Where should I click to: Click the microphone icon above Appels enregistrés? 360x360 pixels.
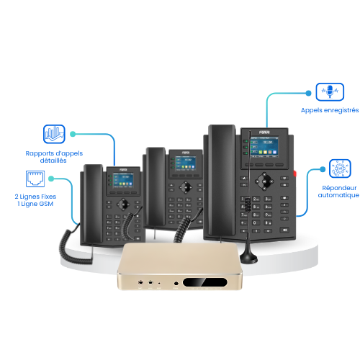click(x=330, y=92)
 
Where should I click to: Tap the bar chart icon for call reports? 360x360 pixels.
click(x=54, y=134)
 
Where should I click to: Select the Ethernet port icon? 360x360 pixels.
click(x=35, y=179)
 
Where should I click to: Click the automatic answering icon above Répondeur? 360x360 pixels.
click(x=340, y=168)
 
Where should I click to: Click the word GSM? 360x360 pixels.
click(x=45, y=204)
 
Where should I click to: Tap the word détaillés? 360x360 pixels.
click(x=53, y=161)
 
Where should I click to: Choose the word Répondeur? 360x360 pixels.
click(x=339, y=188)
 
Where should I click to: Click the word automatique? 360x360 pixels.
click(x=338, y=195)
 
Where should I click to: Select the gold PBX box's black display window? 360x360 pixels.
click(x=205, y=282)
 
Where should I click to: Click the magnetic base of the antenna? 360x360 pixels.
click(x=248, y=257)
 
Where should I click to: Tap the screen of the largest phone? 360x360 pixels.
click(x=264, y=147)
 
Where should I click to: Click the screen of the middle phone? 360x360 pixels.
click(x=186, y=163)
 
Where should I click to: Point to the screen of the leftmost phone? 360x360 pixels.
click(x=123, y=180)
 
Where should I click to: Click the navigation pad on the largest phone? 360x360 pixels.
click(x=264, y=181)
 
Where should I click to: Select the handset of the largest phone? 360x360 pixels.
click(x=222, y=180)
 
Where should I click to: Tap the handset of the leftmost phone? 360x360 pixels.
click(x=93, y=204)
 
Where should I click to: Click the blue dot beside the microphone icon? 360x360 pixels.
click(x=308, y=93)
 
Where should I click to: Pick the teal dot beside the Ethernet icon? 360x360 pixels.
click(x=51, y=179)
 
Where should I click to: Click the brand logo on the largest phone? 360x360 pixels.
click(x=264, y=132)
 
